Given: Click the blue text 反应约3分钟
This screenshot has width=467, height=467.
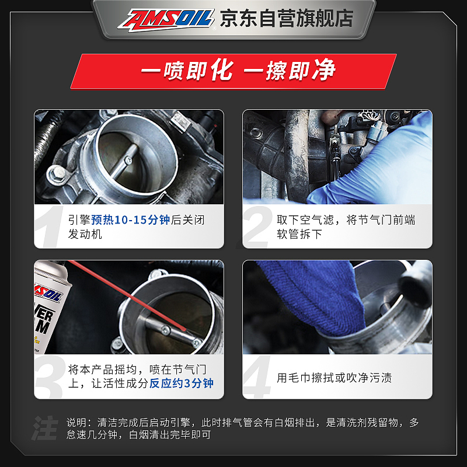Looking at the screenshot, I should click(x=181, y=384).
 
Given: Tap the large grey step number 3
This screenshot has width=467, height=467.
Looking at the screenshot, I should click(x=49, y=377).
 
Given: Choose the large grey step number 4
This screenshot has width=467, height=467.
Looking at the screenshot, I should click(x=257, y=377).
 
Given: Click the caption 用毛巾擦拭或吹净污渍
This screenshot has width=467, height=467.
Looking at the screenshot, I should click(x=334, y=378).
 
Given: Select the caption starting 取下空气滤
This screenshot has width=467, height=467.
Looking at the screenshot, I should click(x=346, y=227).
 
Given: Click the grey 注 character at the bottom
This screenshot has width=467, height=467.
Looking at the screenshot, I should click(x=46, y=428).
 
